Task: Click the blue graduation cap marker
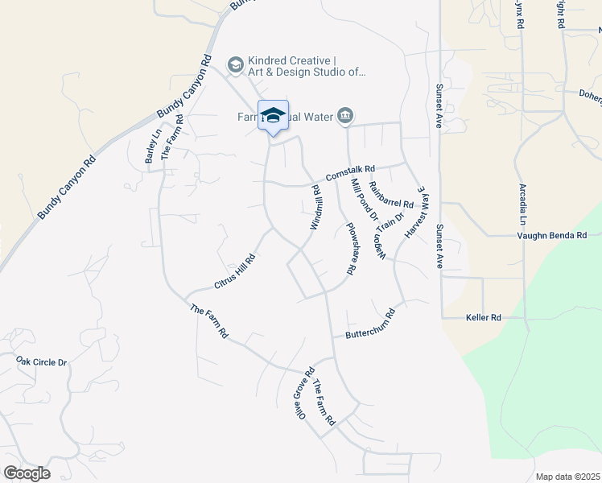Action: point(273,114)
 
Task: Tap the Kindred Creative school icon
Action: point(235,65)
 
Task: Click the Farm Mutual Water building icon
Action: point(345,117)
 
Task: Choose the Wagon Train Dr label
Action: point(386,237)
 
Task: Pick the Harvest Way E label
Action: point(419,214)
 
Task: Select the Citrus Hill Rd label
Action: point(235,271)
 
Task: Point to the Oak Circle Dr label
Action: point(42,362)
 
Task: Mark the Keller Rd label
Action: point(484,318)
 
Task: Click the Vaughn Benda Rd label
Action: point(550,235)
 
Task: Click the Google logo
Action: point(27,473)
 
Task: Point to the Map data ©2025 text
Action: point(567,477)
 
